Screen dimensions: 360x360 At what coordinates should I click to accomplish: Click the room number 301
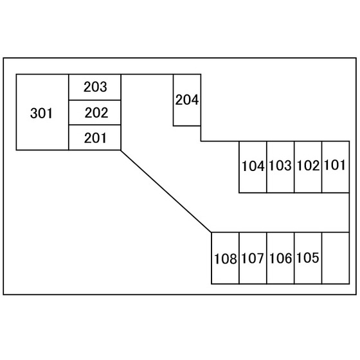click(x=41, y=113)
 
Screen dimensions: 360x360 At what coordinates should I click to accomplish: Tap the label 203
click(x=95, y=87)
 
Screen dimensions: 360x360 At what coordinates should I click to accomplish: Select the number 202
click(x=96, y=113)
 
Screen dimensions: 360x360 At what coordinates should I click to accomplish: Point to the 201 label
click(x=95, y=138)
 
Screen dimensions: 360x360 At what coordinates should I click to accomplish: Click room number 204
click(x=187, y=100)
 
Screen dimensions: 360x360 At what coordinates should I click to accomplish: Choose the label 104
click(x=253, y=166)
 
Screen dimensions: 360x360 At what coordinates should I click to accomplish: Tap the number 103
click(x=280, y=165)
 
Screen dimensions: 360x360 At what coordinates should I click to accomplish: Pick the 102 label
click(x=308, y=166)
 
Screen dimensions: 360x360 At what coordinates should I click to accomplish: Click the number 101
click(x=335, y=165)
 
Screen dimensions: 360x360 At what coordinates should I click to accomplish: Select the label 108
click(x=225, y=258)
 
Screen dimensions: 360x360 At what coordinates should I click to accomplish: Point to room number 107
click(x=253, y=258)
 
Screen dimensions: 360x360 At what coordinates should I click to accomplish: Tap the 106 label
click(x=280, y=258)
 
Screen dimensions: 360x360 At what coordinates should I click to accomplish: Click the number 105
click(x=308, y=258)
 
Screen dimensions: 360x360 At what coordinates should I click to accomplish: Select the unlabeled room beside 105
click(x=336, y=258)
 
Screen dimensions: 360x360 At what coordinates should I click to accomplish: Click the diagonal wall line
click(x=166, y=192)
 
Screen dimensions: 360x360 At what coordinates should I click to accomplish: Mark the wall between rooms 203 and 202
click(x=95, y=100)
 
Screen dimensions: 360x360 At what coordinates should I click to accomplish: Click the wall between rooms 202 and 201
click(x=95, y=125)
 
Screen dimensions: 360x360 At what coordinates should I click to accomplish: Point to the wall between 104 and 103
click(x=267, y=167)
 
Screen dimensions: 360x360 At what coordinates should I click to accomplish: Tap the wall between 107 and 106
click(x=267, y=258)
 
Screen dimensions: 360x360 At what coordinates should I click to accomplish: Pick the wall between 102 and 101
click(x=322, y=167)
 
